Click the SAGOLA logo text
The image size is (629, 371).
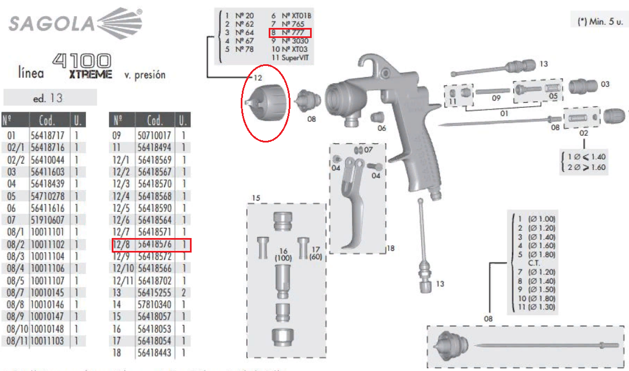pos(50,24)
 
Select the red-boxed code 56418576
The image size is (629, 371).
pos(155,245)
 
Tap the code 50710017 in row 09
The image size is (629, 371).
pos(155,135)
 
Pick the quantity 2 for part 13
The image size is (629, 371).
pos(184,292)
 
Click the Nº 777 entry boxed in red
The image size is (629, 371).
pos(289,32)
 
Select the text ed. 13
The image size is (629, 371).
pos(48,98)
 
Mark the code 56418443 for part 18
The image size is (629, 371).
pos(155,353)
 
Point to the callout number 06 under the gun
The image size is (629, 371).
pos(381,128)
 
